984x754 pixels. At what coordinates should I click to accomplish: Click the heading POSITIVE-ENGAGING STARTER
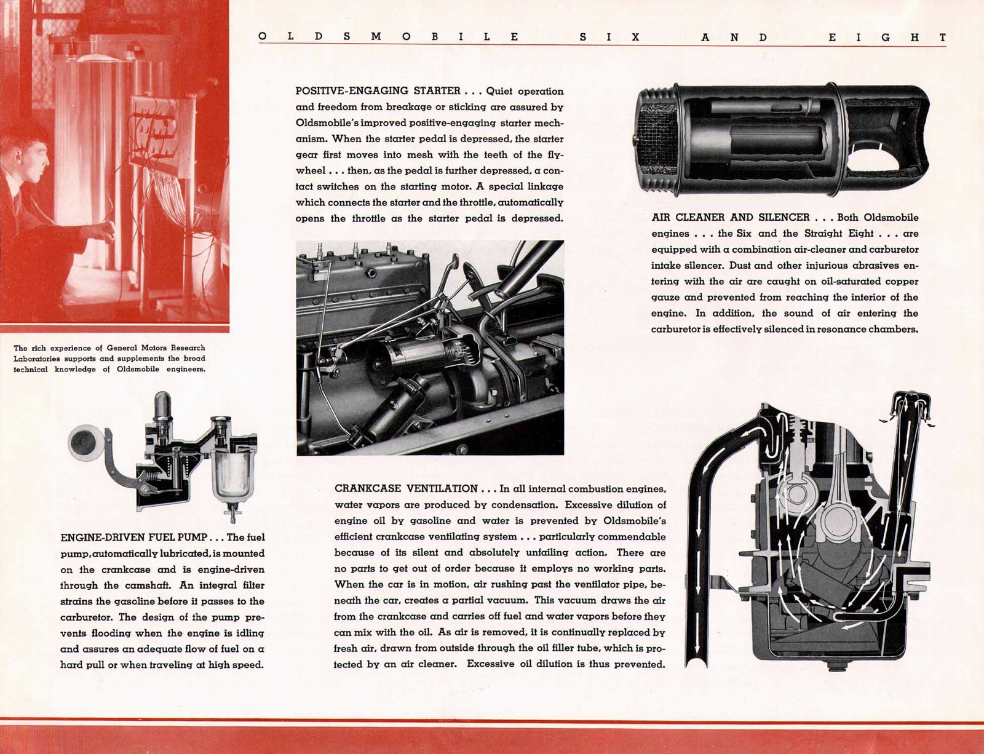pyautogui.click(x=378, y=91)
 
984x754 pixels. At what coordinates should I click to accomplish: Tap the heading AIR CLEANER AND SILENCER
pyautogui.click(x=730, y=217)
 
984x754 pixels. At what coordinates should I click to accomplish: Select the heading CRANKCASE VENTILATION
pyautogui.click(x=406, y=488)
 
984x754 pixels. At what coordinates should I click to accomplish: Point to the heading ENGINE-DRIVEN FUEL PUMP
pyautogui.click(x=133, y=538)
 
